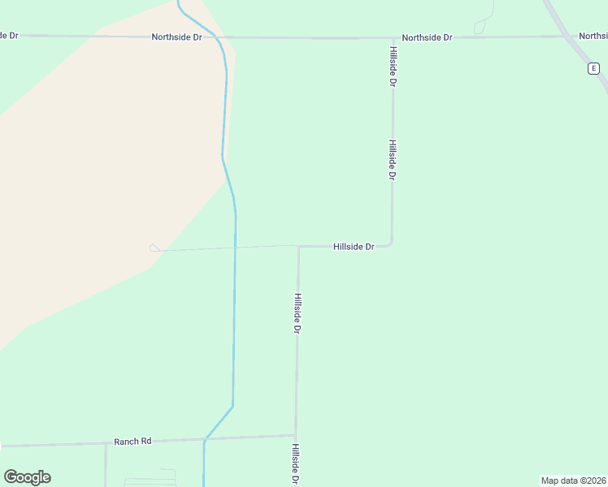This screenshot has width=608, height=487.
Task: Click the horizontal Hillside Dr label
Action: click(354, 247)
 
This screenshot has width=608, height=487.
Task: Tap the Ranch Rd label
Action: click(132, 442)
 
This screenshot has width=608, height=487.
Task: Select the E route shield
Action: click(593, 69)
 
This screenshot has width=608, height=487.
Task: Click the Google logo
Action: click(27, 477)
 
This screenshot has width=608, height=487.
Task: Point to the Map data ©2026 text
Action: click(573, 481)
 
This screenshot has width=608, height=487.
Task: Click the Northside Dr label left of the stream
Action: click(176, 37)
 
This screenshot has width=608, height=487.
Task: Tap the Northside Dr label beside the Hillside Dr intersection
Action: click(427, 38)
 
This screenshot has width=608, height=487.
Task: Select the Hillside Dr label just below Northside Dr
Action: click(393, 67)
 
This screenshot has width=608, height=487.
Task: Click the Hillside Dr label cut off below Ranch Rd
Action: click(297, 463)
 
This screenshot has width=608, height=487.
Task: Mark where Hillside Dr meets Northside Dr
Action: click(393, 37)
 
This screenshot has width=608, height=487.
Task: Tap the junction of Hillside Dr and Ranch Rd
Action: click(296, 436)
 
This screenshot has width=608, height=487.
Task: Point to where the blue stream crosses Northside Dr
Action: click(218, 37)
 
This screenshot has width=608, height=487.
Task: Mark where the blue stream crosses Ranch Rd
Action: click(205, 440)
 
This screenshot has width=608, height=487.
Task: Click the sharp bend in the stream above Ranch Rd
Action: click(232, 407)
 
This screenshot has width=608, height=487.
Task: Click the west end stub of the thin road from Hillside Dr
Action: click(154, 248)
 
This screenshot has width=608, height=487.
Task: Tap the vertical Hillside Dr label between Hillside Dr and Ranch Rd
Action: click(297, 314)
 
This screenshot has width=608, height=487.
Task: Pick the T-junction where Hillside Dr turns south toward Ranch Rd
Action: click(298, 246)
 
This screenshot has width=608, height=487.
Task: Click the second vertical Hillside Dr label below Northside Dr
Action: click(392, 160)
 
